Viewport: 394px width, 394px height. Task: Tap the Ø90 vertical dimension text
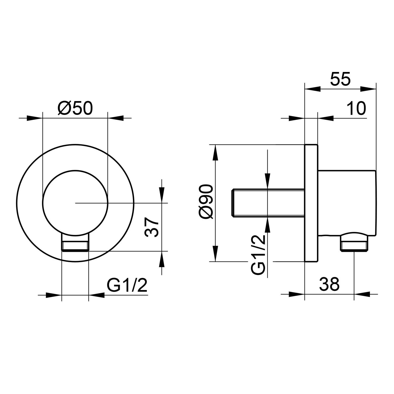pyautogui.click(x=206, y=201)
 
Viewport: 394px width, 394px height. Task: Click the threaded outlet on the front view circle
pyautogui.click(x=75, y=243)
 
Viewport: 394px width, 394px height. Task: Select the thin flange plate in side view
pyautogui.click(x=311, y=203)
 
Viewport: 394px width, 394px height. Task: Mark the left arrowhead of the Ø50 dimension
pyautogui.click(x=34, y=118)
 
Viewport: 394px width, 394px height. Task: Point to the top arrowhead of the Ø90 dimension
pyautogui.click(x=215, y=152)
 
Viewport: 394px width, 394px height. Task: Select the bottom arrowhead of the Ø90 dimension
pyautogui.click(x=215, y=253)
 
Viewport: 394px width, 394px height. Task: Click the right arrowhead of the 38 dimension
pyautogui.click(x=362, y=294)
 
